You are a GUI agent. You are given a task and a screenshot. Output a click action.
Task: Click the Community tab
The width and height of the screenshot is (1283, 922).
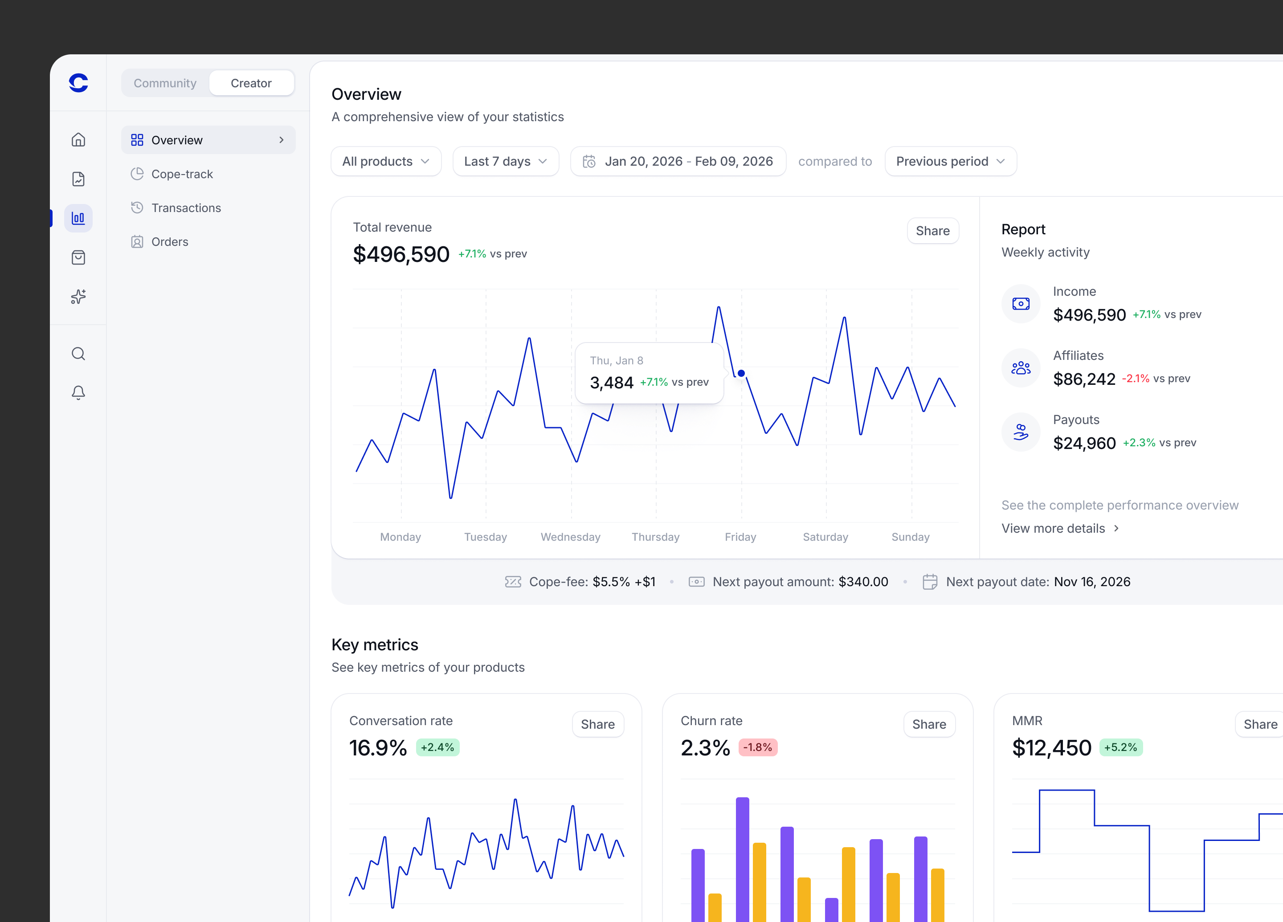pyautogui.click(x=165, y=83)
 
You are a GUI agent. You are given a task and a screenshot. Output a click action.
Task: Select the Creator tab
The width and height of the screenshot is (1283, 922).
pyautogui.click(x=251, y=83)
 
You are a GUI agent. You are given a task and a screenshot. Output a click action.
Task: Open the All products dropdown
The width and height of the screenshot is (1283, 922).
pyautogui.click(x=386, y=161)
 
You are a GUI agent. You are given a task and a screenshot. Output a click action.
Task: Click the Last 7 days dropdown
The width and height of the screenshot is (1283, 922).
pyautogui.click(x=506, y=161)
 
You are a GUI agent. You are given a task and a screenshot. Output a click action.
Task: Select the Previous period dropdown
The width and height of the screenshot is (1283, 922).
pyautogui.click(x=950, y=161)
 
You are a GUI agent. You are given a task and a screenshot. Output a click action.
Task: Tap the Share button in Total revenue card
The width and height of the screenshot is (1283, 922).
pyautogui.click(x=932, y=231)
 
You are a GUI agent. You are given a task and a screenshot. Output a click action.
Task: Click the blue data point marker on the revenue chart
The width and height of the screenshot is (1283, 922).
pyautogui.click(x=741, y=373)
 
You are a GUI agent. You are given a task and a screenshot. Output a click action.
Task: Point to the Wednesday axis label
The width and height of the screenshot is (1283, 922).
pyautogui.click(x=570, y=537)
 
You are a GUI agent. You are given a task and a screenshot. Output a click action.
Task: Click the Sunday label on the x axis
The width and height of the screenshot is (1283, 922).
pyautogui.click(x=910, y=537)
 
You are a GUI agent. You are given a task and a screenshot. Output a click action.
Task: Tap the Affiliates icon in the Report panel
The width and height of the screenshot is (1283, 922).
pyautogui.click(x=1021, y=368)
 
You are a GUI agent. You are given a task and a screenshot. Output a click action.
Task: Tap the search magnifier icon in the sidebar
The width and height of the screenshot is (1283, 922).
pyautogui.click(x=79, y=354)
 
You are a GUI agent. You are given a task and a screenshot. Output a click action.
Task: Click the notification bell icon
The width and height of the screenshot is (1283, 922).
pyautogui.click(x=79, y=392)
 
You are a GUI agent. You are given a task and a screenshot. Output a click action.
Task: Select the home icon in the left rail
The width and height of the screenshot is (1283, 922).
pyautogui.click(x=79, y=140)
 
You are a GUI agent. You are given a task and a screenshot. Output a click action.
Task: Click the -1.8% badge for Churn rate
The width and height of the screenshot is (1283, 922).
pyautogui.click(x=757, y=747)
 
